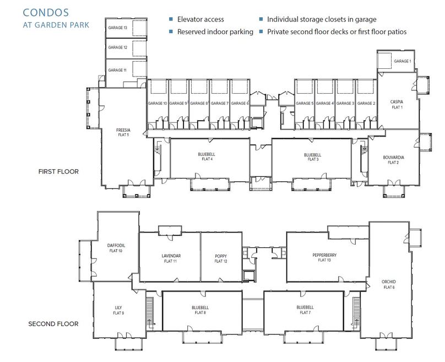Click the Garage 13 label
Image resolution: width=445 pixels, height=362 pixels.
point(117,28)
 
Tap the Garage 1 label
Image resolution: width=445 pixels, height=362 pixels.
point(402,61)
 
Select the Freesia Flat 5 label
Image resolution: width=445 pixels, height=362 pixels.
point(123,132)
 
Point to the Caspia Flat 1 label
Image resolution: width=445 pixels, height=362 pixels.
point(397,104)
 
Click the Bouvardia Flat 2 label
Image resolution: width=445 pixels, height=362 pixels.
point(393,160)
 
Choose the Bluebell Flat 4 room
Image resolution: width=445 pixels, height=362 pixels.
point(207,157)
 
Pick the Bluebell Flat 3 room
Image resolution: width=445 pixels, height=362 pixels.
point(312,157)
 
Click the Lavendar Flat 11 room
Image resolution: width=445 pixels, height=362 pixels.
point(171,258)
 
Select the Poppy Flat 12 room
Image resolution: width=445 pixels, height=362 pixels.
point(221,258)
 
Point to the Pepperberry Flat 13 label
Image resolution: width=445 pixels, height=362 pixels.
point(324,257)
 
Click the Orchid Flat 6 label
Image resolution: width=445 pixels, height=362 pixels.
point(389,284)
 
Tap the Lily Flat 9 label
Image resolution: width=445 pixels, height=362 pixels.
point(119,310)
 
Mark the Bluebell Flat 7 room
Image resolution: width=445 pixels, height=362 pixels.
point(305,310)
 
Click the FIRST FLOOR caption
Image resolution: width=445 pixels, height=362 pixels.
point(58,171)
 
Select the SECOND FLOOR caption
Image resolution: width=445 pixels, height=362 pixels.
point(53,323)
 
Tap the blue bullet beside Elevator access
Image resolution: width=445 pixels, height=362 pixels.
point(171,19)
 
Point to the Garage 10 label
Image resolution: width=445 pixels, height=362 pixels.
point(157,104)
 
